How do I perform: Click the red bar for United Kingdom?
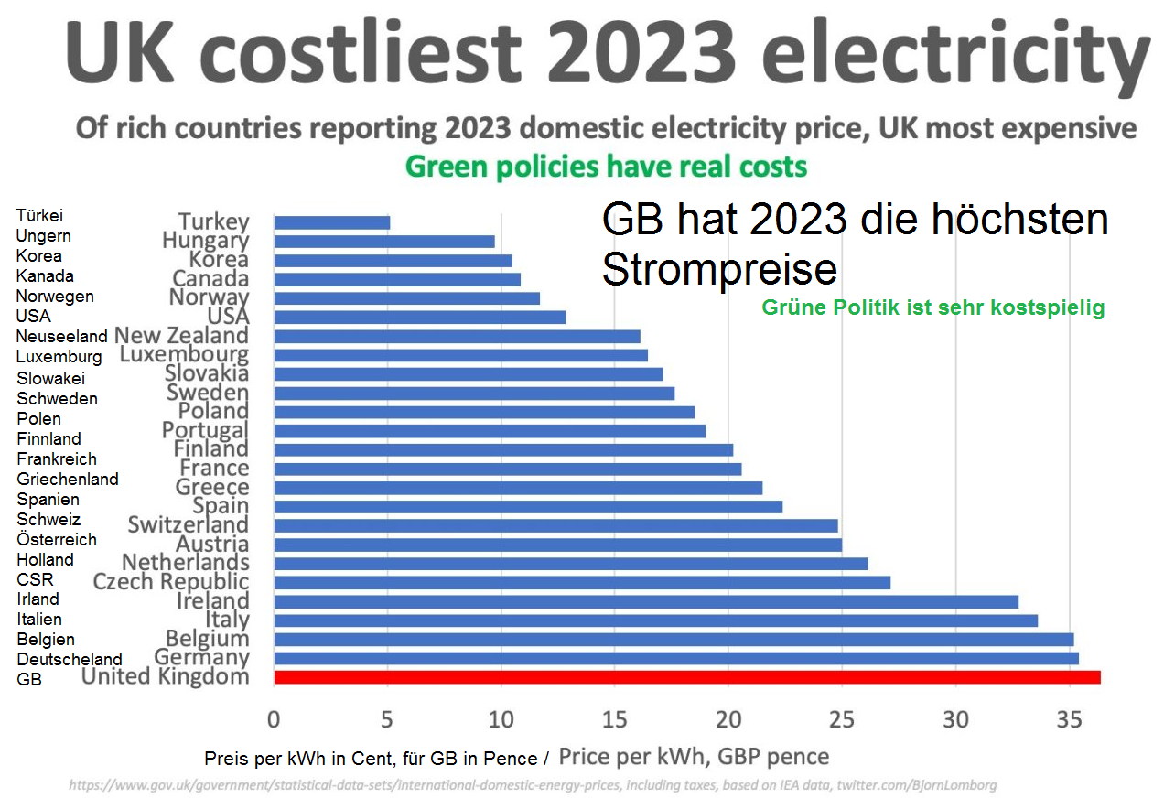tap(686, 677)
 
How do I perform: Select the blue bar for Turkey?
tap(331, 222)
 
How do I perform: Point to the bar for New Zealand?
tap(457, 337)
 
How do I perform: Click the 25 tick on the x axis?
tap(842, 719)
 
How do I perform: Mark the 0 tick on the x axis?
tap(274, 719)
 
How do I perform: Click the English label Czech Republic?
tap(170, 582)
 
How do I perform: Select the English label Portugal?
tap(205, 430)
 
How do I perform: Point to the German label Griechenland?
tap(67, 479)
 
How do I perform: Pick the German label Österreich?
tap(56, 539)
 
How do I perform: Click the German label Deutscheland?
tap(69, 659)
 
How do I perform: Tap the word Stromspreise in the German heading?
tap(719, 270)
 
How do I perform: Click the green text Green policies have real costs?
tap(606, 167)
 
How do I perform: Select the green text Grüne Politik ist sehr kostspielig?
tap(932, 308)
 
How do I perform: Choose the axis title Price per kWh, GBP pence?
tap(694, 757)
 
